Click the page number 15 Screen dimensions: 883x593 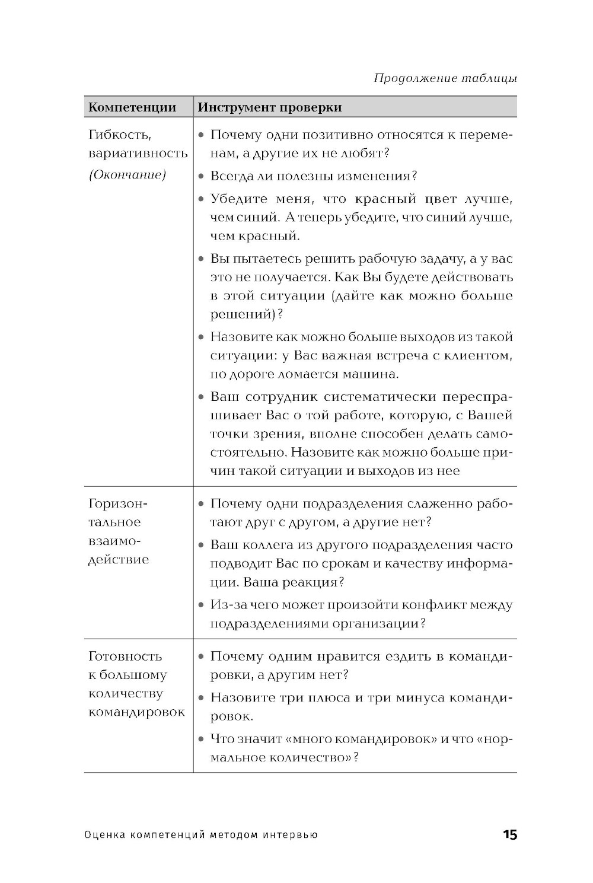coord(509,835)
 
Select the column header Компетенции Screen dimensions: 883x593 coord(132,107)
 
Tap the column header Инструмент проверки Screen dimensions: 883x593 coord(269,107)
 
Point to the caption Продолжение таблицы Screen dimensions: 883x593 coord(445,78)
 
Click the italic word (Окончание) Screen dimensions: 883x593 coord(127,175)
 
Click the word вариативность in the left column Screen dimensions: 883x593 coord(138,154)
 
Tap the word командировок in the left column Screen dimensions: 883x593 coord(136,712)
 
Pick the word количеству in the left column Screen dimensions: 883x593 coord(125,694)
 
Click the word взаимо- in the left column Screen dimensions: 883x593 coord(116,541)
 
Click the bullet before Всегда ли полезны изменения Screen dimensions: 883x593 coord(202,177)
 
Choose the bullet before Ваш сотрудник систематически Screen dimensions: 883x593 coord(202,397)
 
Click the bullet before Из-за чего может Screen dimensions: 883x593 coord(202,605)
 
